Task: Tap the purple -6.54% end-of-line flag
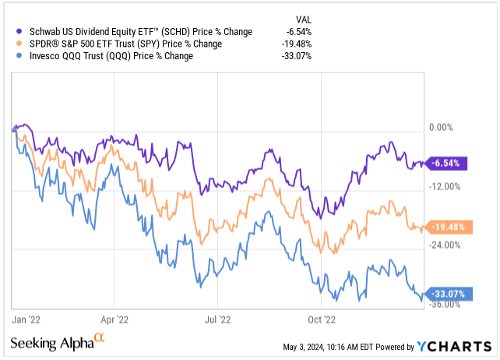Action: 450,163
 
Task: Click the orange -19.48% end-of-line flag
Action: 450,228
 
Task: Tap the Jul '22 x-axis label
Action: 218,319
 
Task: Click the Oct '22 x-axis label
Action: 321,319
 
